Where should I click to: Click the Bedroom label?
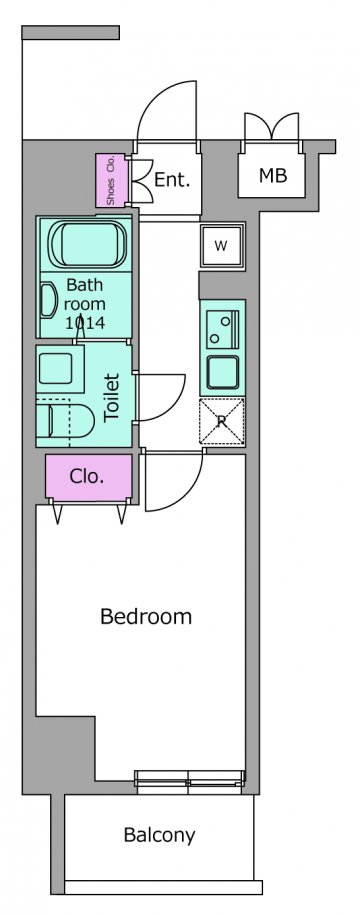tap(146, 617)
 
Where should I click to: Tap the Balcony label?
tap(159, 835)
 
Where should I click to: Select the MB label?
tap(273, 175)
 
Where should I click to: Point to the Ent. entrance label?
tap(172, 180)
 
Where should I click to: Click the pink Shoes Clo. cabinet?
tap(111, 180)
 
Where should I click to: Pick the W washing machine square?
tap(221, 246)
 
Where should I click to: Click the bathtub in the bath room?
tap(87, 243)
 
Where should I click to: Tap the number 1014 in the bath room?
tap(85, 323)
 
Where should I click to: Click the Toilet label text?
tap(111, 397)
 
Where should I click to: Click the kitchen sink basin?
tap(223, 371)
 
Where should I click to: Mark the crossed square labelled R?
tap(222, 420)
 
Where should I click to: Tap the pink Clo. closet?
tap(89, 477)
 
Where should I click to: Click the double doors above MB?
tap(272, 126)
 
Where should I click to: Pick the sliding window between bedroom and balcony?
tap(190, 782)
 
